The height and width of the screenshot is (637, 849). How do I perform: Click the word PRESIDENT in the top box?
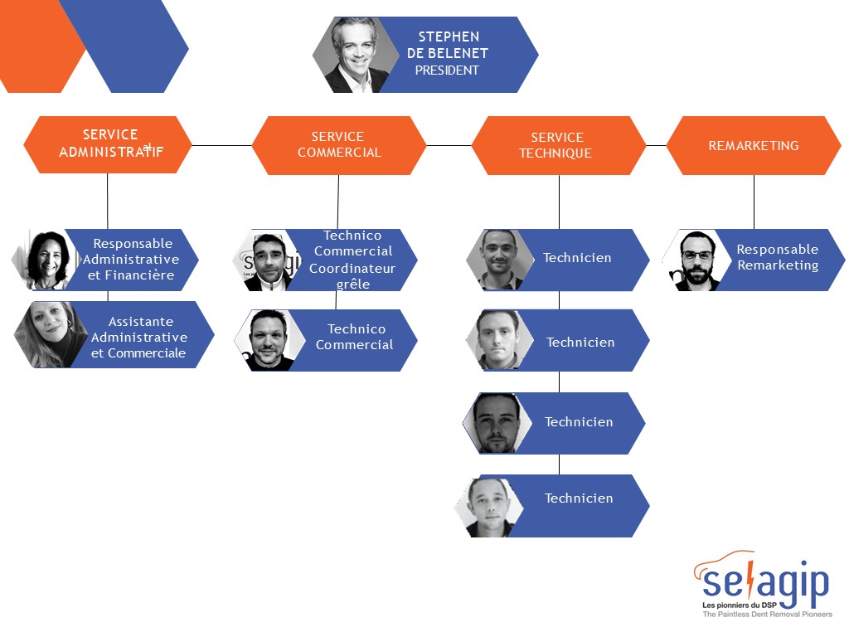pyautogui.click(x=447, y=71)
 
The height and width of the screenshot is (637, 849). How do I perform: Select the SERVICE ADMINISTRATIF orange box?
pyautogui.click(x=108, y=144)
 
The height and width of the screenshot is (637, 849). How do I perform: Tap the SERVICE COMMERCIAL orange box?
pyautogui.click(x=339, y=145)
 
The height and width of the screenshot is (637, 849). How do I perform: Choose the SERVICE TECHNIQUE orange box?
pyautogui.click(x=559, y=145)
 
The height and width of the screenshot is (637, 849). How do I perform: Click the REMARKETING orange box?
pyautogui.click(x=754, y=145)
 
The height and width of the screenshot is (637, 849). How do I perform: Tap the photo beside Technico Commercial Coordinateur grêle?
pyautogui.click(x=268, y=260)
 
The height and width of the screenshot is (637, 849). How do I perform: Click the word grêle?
pyautogui.click(x=353, y=284)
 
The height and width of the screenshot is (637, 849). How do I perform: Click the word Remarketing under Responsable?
pyautogui.click(x=778, y=265)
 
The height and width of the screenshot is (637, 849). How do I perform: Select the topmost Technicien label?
pyautogui.click(x=577, y=258)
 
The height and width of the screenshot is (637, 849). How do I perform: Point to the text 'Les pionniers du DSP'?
pyautogui.click(x=739, y=605)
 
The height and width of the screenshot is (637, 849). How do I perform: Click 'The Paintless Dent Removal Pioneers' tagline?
pyautogui.click(x=767, y=615)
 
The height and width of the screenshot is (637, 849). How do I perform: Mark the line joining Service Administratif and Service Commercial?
pyautogui.click(x=222, y=145)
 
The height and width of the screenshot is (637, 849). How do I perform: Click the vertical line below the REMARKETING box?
pyautogui.click(x=754, y=202)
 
